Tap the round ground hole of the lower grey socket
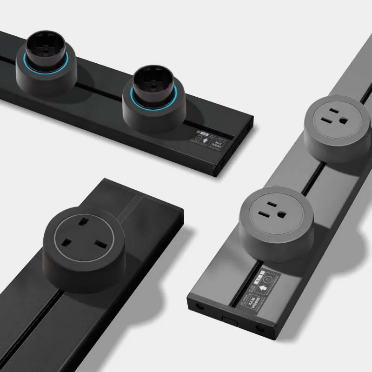tap(282, 214)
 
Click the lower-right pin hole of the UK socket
tap(101, 245)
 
